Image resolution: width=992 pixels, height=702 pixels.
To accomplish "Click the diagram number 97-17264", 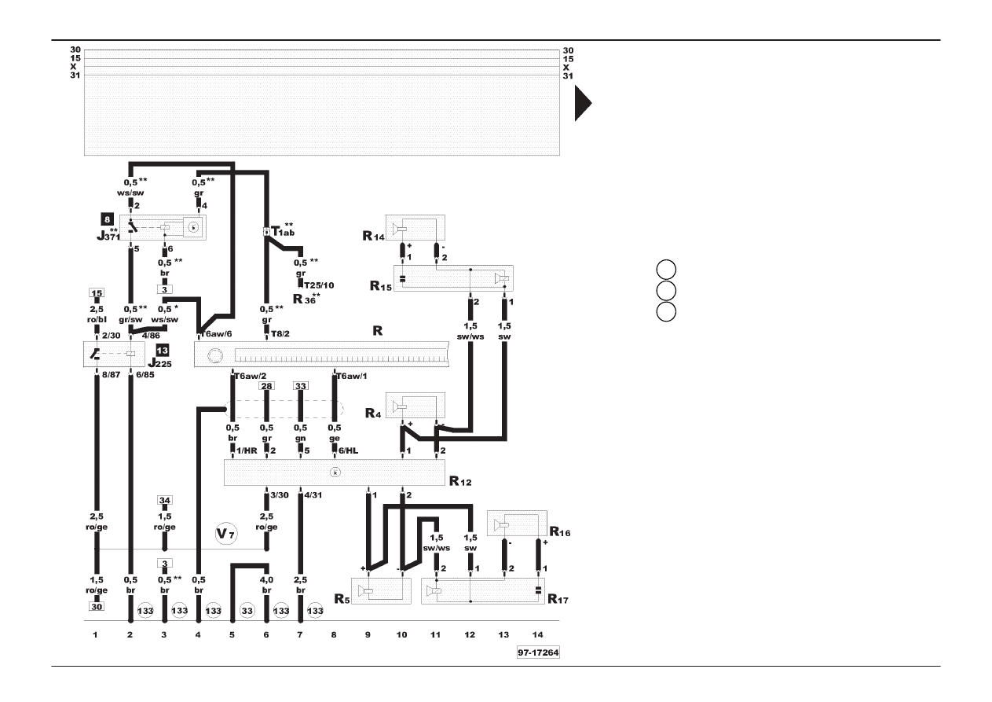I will pos(537,653).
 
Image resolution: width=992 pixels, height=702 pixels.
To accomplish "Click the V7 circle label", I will pos(226,535).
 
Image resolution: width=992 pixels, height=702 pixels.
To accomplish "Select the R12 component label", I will pos(459,480).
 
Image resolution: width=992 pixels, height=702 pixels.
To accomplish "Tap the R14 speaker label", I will pos(372,235).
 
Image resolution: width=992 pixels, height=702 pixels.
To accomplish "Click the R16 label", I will pos(560,533).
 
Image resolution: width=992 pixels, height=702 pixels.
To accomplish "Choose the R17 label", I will pos(560,600).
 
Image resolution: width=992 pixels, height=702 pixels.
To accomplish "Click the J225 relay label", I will pos(162,364).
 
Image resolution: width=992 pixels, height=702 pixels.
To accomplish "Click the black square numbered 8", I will pos(106,219).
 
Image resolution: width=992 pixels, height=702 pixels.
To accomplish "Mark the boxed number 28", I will pos(266,386).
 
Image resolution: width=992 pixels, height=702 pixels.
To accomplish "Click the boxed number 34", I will pos(164,500).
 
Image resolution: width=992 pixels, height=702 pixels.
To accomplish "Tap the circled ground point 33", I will pos(247,610).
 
